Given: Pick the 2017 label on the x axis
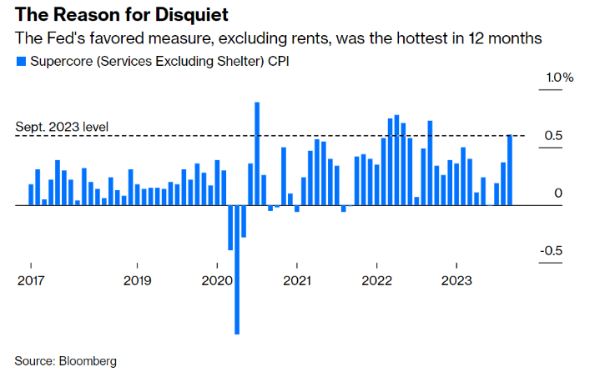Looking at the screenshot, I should (x=32, y=281).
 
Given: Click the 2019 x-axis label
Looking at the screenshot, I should (x=138, y=281).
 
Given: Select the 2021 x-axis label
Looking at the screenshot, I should (x=297, y=281).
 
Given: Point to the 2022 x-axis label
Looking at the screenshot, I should (x=377, y=281).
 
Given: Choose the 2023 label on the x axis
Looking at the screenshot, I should (x=457, y=281).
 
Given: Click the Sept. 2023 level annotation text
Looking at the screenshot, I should (x=62, y=128).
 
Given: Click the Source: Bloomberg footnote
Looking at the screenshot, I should (x=66, y=361).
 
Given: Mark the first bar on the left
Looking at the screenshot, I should (x=31, y=194).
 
